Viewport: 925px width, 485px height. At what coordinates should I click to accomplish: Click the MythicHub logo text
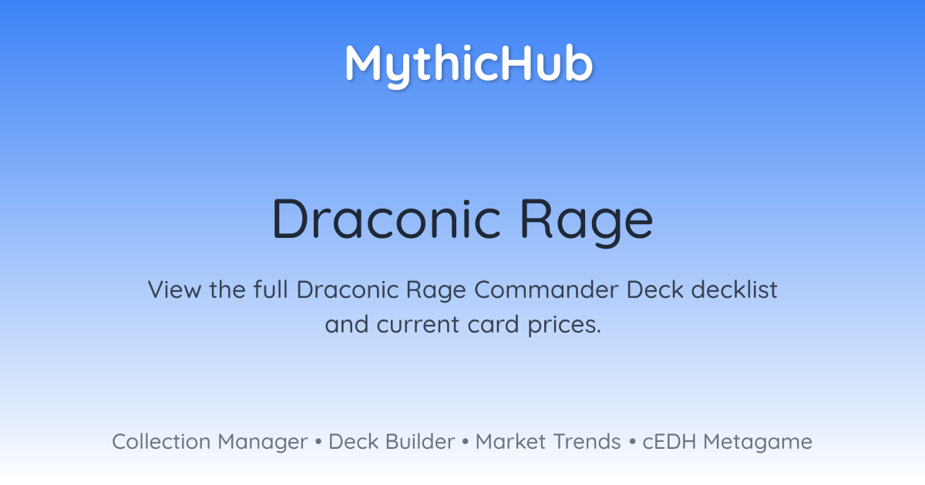click(x=469, y=65)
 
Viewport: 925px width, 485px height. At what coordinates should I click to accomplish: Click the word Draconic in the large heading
click(x=386, y=219)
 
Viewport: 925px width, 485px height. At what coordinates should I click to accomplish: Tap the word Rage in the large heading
click(x=587, y=222)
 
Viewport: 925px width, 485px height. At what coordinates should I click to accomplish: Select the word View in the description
click(x=175, y=289)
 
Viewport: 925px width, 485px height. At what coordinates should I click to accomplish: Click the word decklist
click(x=734, y=289)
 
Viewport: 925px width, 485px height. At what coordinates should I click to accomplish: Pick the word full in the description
click(x=270, y=289)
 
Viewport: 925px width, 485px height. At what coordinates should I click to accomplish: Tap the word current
click(x=418, y=325)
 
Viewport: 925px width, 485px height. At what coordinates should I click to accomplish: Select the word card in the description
click(x=493, y=324)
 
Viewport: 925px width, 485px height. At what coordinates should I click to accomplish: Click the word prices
click(x=564, y=326)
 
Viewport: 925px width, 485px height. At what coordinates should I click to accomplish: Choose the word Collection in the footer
click(x=161, y=441)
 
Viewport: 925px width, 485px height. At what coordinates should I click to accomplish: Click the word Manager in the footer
click(x=263, y=443)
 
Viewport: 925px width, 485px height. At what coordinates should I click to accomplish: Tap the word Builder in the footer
click(x=420, y=441)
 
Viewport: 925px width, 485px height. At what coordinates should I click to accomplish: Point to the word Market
click(x=510, y=442)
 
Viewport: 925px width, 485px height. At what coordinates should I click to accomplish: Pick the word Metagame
click(x=758, y=443)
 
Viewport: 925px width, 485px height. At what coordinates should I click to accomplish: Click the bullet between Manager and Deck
click(x=318, y=442)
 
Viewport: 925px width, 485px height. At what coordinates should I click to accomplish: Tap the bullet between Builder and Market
click(x=466, y=442)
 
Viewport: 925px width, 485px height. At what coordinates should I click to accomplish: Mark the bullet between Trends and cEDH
click(x=632, y=442)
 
